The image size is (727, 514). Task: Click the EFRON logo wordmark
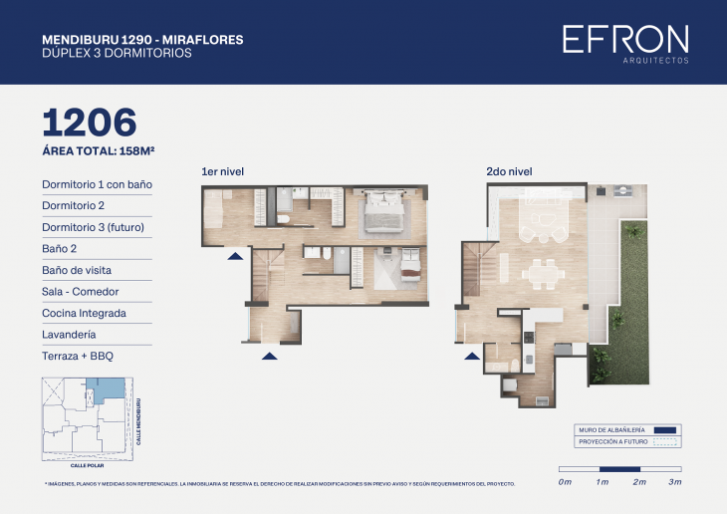(x=624, y=40)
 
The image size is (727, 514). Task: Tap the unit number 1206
(x=89, y=122)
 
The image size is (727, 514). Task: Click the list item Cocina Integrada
(x=84, y=313)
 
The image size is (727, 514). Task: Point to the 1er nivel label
(x=222, y=172)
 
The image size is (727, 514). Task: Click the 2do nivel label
(x=508, y=172)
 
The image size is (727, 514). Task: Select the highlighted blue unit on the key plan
(x=108, y=392)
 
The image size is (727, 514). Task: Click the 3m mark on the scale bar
(x=675, y=482)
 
